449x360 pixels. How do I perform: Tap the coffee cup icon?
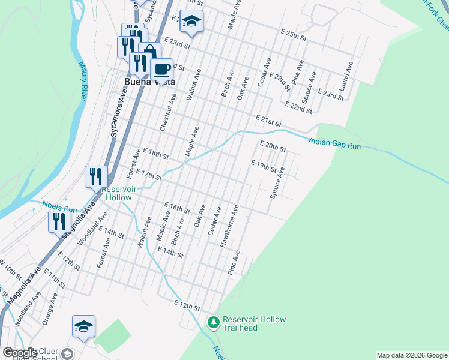coord(161,69)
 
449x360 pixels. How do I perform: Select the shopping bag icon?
coord(149,53)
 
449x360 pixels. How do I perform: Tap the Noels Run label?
coord(60,207)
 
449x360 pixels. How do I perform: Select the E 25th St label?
coord(294,34)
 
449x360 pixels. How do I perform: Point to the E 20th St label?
coord(272,146)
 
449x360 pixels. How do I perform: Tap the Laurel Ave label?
coord(343,80)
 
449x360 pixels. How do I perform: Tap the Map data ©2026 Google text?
coord(412,355)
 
